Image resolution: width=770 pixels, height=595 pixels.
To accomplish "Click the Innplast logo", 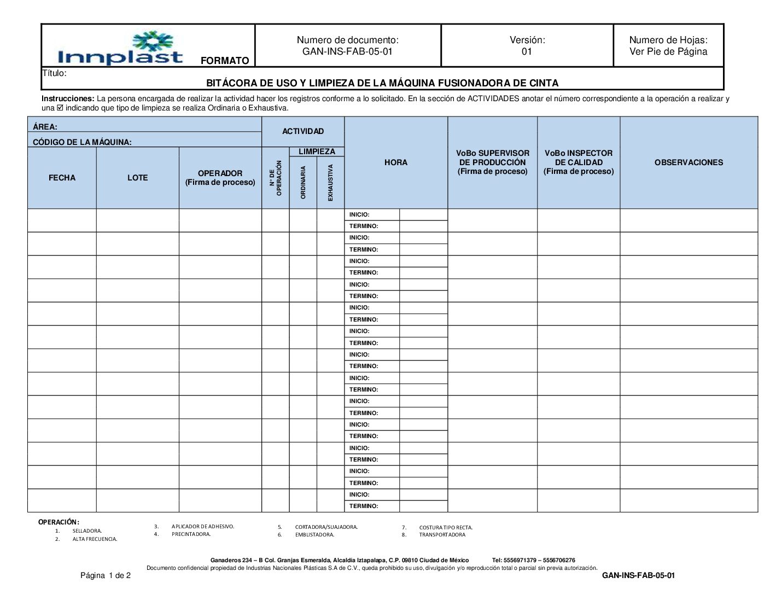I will pyautogui.click(x=120, y=48).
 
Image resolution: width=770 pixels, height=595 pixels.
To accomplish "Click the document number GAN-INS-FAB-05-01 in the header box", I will pyautogui.click(x=347, y=52).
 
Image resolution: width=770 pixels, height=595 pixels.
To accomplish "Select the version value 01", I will pyautogui.click(x=527, y=52).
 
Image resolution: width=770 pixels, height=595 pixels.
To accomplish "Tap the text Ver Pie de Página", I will pyautogui.click(x=668, y=52).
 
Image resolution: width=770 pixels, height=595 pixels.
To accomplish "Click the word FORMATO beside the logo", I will pyautogui.click(x=225, y=61).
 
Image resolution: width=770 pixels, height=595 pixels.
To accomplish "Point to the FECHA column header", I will pyautogui.click(x=62, y=178).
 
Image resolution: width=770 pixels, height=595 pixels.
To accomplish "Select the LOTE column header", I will pyautogui.click(x=137, y=178).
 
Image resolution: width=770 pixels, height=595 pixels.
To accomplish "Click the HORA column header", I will pyautogui.click(x=395, y=162).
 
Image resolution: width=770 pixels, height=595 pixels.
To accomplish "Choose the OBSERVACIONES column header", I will pyautogui.click(x=689, y=162).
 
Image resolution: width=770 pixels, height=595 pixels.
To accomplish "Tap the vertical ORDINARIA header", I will pyautogui.click(x=304, y=183).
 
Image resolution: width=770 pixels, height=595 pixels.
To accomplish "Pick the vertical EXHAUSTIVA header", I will pyautogui.click(x=330, y=183).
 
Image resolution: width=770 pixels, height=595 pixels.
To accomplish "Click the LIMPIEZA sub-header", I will pyautogui.click(x=317, y=151).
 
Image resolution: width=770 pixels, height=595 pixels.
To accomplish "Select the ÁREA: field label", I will pyautogui.click(x=45, y=127).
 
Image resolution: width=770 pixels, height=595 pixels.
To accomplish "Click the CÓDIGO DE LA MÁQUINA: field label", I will pyautogui.click(x=82, y=142).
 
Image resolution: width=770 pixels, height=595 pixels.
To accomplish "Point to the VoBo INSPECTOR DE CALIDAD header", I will pyautogui.click(x=579, y=162).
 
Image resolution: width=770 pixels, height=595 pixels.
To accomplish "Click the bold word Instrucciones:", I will pyautogui.click(x=68, y=98).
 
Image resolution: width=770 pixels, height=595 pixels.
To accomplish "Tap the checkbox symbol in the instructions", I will pyautogui.click(x=60, y=108).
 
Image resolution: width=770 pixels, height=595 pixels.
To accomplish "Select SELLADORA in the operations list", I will pyautogui.click(x=87, y=531).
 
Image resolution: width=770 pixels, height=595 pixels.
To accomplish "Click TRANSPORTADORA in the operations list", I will pyautogui.click(x=442, y=535).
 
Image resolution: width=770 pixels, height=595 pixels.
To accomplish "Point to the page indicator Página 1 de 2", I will pyautogui.click(x=106, y=575).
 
